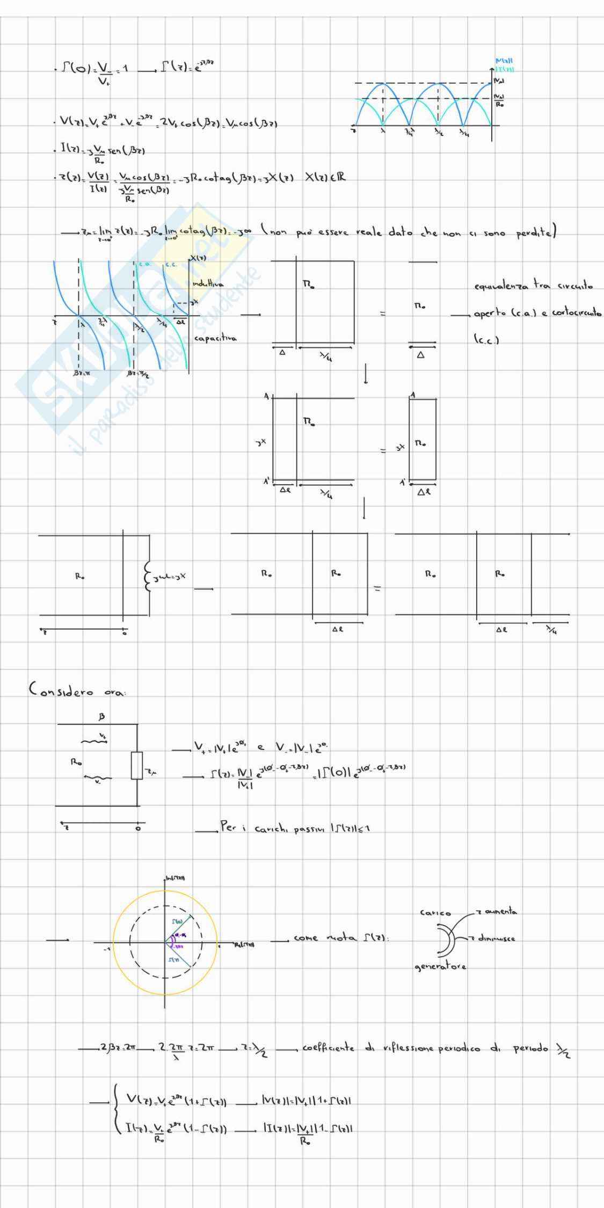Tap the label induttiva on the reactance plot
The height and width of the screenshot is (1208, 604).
(208, 283)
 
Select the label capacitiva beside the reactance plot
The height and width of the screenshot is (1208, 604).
(215, 338)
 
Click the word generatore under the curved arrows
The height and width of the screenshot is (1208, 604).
(440, 967)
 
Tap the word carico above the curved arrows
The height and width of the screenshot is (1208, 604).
(435, 913)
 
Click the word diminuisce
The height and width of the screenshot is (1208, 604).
(497, 938)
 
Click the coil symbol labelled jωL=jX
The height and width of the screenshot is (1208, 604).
(148, 577)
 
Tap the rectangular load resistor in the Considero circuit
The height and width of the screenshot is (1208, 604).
(137, 766)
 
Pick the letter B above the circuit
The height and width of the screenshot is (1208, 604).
(102, 716)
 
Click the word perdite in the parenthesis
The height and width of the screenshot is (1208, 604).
(534, 233)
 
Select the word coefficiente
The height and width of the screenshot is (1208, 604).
(328, 1048)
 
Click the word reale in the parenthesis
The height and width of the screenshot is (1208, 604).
(370, 232)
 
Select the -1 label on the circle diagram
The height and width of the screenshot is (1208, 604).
(107, 949)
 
